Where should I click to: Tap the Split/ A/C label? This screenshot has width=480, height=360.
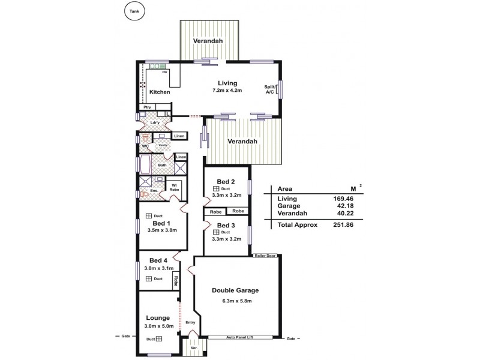click(x=270, y=89)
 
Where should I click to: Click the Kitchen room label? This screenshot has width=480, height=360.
click(x=160, y=92)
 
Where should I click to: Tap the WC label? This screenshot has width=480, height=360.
click(x=145, y=146)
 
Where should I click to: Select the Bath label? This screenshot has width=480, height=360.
click(x=162, y=164)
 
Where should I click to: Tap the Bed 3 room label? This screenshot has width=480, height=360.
click(x=226, y=225)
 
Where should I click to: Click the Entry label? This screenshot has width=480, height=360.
click(x=191, y=322)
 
